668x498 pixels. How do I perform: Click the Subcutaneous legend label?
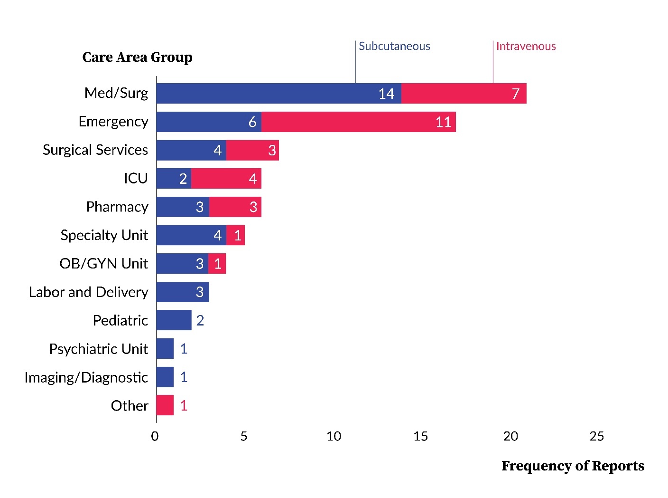[x=394, y=46]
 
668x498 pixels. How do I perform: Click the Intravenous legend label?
[x=526, y=46]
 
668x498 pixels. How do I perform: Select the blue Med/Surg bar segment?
[x=278, y=93]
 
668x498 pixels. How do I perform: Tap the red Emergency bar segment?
[x=358, y=122]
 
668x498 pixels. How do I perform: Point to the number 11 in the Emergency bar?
[x=443, y=122]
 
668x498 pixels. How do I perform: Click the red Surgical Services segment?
[x=252, y=150]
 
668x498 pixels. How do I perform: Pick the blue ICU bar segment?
[x=174, y=179]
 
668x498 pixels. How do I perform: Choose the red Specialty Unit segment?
[x=235, y=235]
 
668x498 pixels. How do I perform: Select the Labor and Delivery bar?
[x=183, y=292]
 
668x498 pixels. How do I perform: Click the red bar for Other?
[x=165, y=405]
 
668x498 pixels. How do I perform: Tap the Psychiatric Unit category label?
[x=98, y=349]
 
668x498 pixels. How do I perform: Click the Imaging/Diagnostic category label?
[x=86, y=377]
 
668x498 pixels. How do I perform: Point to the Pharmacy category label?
[x=117, y=207]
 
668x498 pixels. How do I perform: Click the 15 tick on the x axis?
[x=420, y=436]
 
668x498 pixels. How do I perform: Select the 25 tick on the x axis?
[x=596, y=436]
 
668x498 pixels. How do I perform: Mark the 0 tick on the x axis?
[x=155, y=436]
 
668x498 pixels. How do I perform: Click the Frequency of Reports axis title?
[x=572, y=466]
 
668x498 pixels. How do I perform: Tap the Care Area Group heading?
[x=137, y=57]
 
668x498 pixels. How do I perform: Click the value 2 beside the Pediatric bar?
[x=200, y=321]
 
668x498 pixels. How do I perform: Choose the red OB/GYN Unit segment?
[x=217, y=264]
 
